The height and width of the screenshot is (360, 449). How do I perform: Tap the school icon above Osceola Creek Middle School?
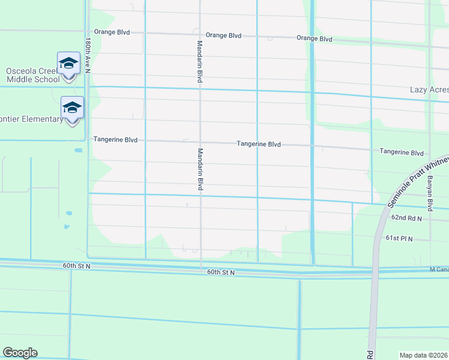(x=69, y=62)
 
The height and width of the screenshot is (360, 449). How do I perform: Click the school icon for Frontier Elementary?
(x=72, y=107)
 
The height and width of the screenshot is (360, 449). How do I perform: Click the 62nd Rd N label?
(x=407, y=219)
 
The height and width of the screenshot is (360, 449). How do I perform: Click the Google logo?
(x=20, y=353)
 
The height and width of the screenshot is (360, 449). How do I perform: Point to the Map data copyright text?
(x=424, y=355)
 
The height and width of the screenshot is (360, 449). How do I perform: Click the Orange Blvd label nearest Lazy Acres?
(x=315, y=38)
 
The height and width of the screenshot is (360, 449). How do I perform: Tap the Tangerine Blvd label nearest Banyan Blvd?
(x=402, y=152)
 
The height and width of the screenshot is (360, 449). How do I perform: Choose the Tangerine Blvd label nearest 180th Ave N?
(x=115, y=140)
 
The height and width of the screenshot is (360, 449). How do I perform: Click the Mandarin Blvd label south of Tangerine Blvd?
(x=200, y=170)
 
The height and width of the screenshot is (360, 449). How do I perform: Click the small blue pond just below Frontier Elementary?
(x=79, y=151)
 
